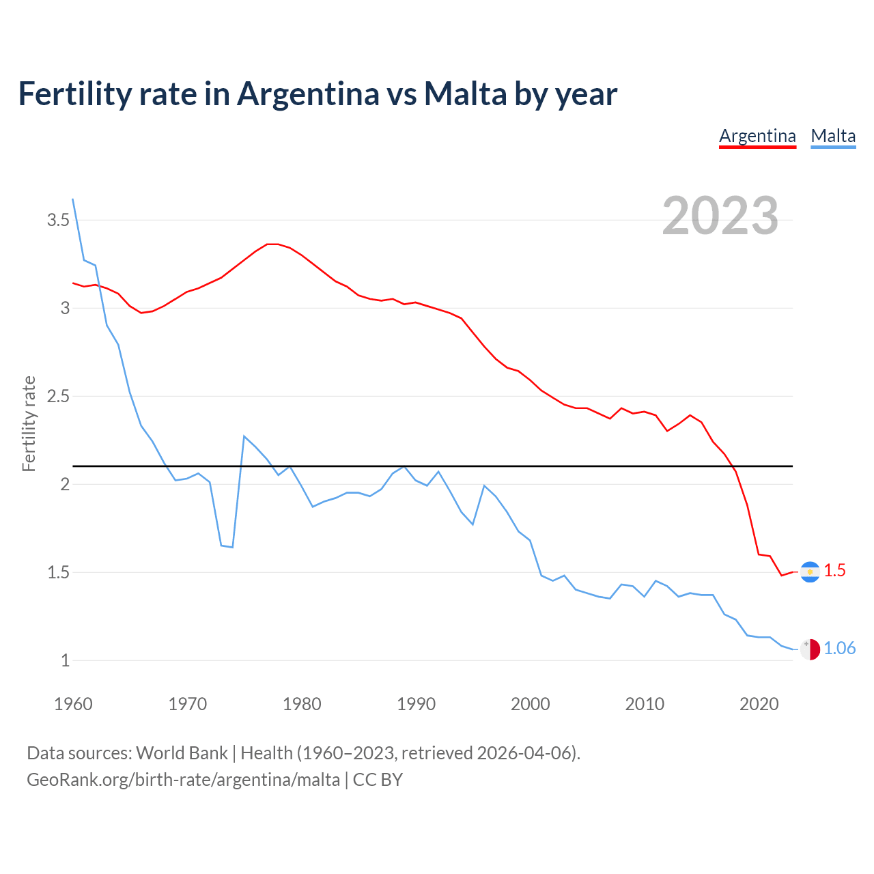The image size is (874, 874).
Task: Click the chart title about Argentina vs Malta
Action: tap(318, 94)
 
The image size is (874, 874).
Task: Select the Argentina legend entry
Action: tap(757, 136)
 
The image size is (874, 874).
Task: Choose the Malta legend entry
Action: tap(833, 136)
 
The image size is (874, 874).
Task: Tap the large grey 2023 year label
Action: tap(720, 216)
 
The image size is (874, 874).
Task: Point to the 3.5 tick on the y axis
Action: tap(58, 221)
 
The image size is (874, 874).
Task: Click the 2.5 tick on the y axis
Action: tap(58, 397)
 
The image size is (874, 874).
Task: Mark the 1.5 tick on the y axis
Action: tap(58, 573)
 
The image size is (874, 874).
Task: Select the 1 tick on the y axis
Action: tap(65, 661)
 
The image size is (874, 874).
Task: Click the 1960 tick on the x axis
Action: tap(73, 704)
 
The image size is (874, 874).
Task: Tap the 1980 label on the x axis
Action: tap(302, 704)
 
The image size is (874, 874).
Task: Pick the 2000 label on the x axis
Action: tap(531, 704)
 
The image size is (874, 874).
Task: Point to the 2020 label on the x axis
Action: tap(759, 704)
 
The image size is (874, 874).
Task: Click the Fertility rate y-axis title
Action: tap(29, 423)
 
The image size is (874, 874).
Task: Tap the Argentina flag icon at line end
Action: tap(810, 572)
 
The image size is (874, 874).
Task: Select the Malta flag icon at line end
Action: tap(810, 649)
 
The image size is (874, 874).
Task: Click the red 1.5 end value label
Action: tap(834, 570)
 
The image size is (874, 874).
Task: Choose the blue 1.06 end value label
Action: tap(839, 649)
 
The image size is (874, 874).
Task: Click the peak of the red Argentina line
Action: tap(272, 244)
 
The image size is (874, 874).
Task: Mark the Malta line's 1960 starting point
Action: tap(73, 199)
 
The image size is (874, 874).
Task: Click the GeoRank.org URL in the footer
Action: tap(183, 780)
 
